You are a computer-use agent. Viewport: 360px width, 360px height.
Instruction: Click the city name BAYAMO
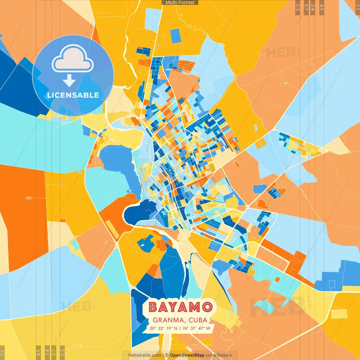(x=180, y=307)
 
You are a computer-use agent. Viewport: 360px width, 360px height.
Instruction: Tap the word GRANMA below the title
(x=168, y=320)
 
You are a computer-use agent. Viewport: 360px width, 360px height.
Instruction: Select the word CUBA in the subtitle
(x=198, y=320)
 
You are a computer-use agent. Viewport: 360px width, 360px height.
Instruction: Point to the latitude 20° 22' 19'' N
(x=163, y=328)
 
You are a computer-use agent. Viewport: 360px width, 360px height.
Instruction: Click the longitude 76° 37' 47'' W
(x=196, y=328)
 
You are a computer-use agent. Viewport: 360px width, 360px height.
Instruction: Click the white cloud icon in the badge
(x=73, y=59)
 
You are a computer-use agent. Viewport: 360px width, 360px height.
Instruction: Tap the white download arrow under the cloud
(x=69, y=80)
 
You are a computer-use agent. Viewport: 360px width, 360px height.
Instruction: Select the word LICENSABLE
(x=73, y=95)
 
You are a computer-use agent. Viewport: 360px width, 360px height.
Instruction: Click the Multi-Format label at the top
(x=180, y=3)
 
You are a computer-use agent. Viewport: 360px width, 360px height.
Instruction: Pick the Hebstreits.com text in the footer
(x=145, y=355)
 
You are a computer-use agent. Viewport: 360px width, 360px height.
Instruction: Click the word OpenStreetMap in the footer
(x=187, y=355)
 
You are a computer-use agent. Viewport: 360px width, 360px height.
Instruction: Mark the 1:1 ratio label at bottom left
(x=2, y=352)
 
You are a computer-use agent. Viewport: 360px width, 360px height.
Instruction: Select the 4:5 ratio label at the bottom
(x=38, y=352)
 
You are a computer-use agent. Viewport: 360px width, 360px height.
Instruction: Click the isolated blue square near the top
(x=176, y=36)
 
